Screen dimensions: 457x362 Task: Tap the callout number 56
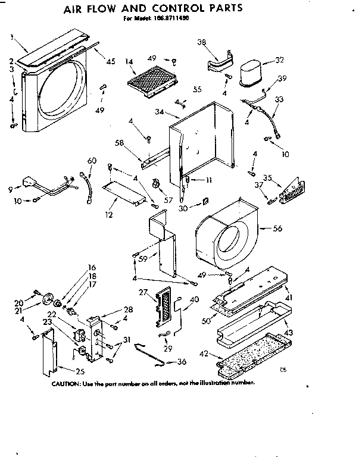coord(277,228)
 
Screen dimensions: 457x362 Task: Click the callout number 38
coord(201,42)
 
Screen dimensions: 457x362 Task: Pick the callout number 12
coord(108,214)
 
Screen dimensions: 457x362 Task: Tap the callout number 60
coord(91,161)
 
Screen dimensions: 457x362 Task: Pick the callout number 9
coord(10,190)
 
